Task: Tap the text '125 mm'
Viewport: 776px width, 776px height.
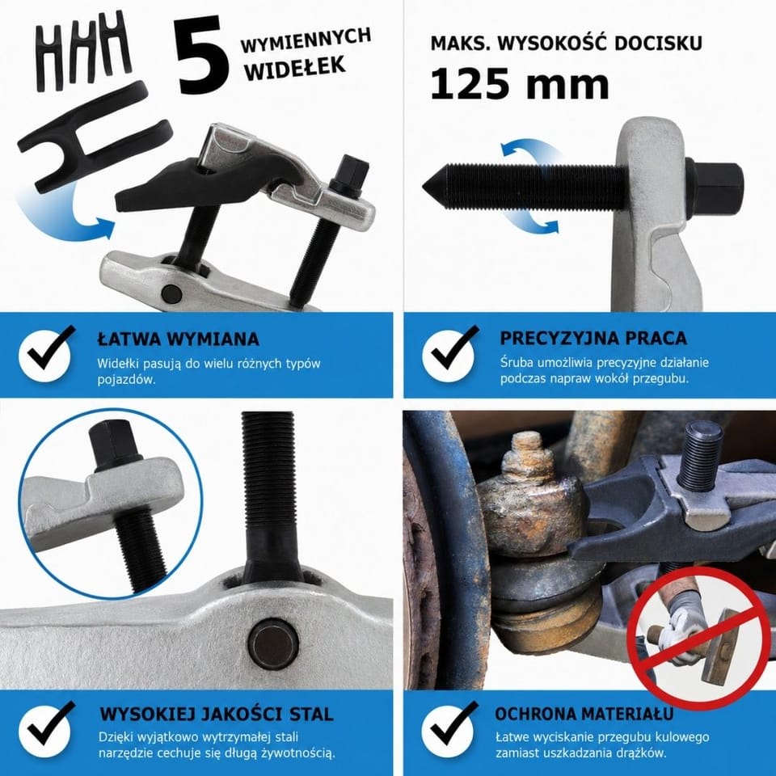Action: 520,84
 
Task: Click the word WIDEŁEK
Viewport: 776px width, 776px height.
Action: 296,68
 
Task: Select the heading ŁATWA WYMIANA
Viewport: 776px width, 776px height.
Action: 178,339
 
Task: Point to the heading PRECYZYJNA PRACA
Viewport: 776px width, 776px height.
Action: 593,338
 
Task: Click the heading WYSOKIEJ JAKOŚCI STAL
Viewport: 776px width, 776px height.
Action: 217,714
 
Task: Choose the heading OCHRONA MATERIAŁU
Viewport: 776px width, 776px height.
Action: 584,714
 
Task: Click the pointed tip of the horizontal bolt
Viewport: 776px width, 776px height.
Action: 424,187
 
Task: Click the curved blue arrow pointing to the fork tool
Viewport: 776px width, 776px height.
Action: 59,223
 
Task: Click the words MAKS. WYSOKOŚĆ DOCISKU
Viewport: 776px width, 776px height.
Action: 566,43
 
